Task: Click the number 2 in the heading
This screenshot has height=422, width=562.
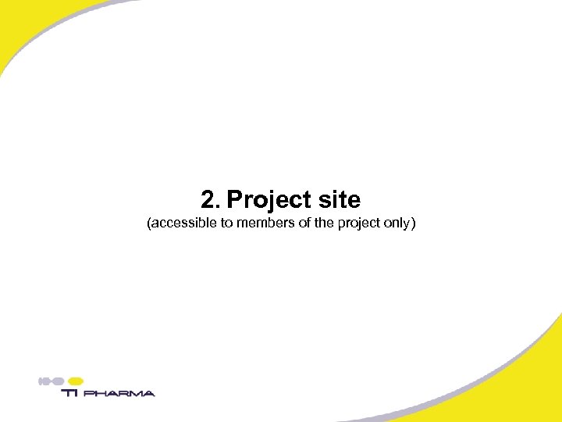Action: tap(208, 200)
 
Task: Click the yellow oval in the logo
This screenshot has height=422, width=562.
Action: tap(76, 381)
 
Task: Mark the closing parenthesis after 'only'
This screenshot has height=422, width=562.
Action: tap(414, 224)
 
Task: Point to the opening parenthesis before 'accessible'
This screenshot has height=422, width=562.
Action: tap(149, 224)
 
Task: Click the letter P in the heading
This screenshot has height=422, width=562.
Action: tap(234, 200)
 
